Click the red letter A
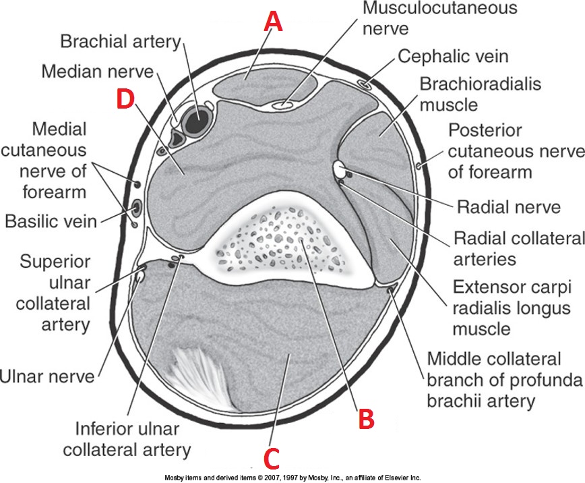pyautogui.click(x=272, y=22)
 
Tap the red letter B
pyautogui.click(x=365, y=418)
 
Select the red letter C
pyautogui.click(x=271, y=458)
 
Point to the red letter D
pyautogui.click(x=125, y=100)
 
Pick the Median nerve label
pyautogui.click(x=98, y=71)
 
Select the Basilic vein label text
pyautogui.click(x=52, y=221)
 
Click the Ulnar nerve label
pyautogui.click(x=47, y=376)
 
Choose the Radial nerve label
pyautogui.click(x=509, y=206)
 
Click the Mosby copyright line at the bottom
pyautogui.click(x=292, y=478)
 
